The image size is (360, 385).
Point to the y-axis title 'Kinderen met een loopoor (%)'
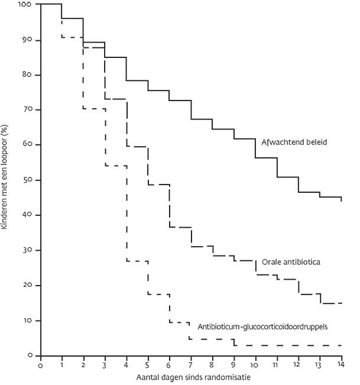[5, 180]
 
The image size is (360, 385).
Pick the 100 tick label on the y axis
[27, 5]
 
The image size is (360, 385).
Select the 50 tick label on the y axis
[28, 180]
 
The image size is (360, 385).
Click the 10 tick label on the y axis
[28, 321]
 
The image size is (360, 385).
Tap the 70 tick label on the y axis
[28, 110]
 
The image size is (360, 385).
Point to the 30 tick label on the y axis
[28, 250]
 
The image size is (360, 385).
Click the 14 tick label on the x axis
[341, 365]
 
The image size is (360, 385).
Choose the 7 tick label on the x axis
[191, 365]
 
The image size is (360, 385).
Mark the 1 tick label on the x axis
[62, 365]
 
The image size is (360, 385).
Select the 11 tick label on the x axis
[277, 365]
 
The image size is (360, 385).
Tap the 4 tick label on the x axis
[127, 365]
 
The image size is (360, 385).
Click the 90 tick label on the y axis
[28, 40]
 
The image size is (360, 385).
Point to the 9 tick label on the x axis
[234, 365]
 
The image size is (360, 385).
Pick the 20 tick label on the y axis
[28, 286]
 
